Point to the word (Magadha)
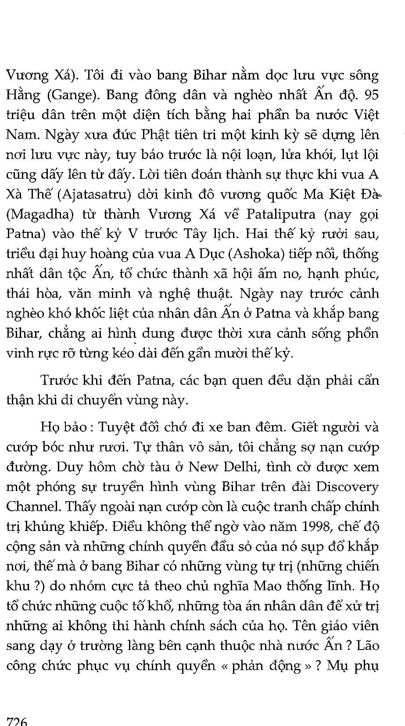coord(36,215)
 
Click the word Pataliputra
coord(281,214)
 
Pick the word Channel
coord(33,506)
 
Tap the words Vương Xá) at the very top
coord(42,76)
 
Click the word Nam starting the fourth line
coord(22,135)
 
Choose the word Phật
coord(157,135)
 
